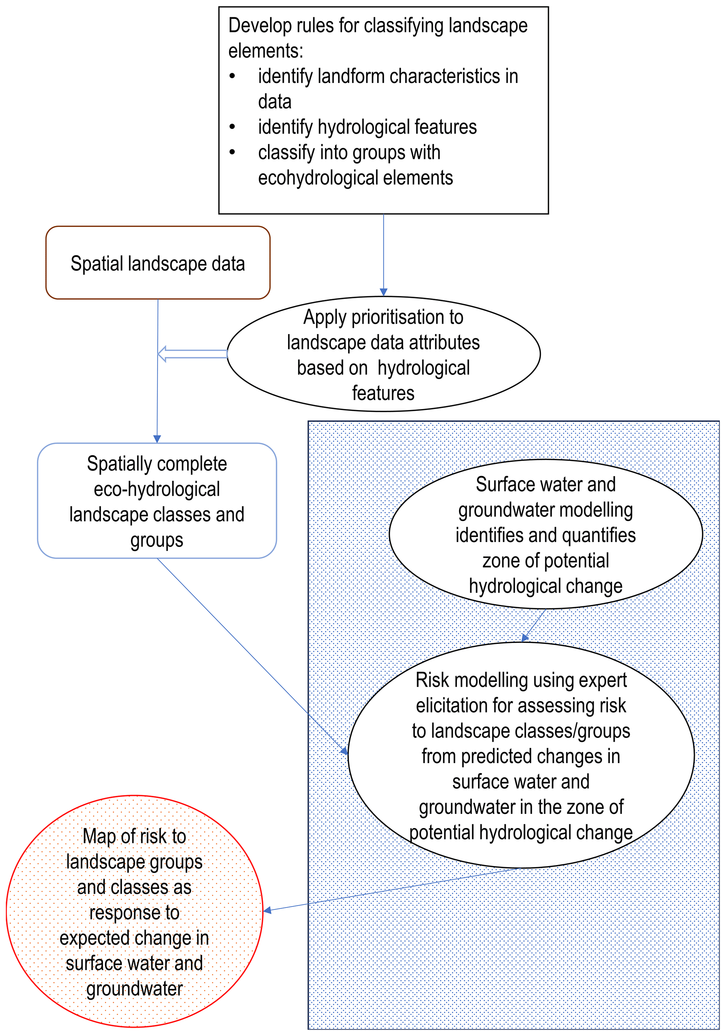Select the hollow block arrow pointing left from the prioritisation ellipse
point(192,354)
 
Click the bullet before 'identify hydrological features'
point(233,127)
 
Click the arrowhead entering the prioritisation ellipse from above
point(384,292)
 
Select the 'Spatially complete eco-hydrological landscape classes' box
point(157,501)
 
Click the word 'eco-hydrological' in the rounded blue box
point(157,489)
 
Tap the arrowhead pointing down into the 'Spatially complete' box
point(157,438)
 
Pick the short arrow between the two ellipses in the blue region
point(534,625)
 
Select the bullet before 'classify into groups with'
point(233,152)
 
